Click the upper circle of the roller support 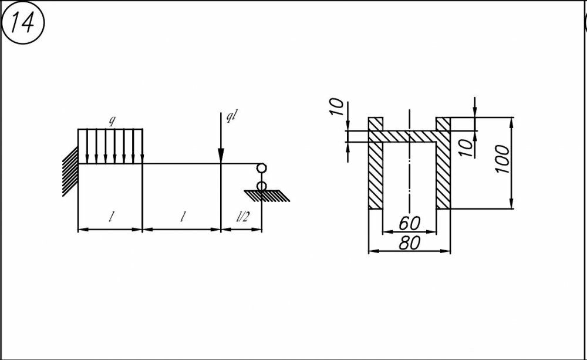click(261, 169)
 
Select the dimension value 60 click(409, 223)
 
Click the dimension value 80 click(409, 243)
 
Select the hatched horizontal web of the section click(409, 136)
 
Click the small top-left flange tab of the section click(375, 124)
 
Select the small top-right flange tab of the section click(443, 124)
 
